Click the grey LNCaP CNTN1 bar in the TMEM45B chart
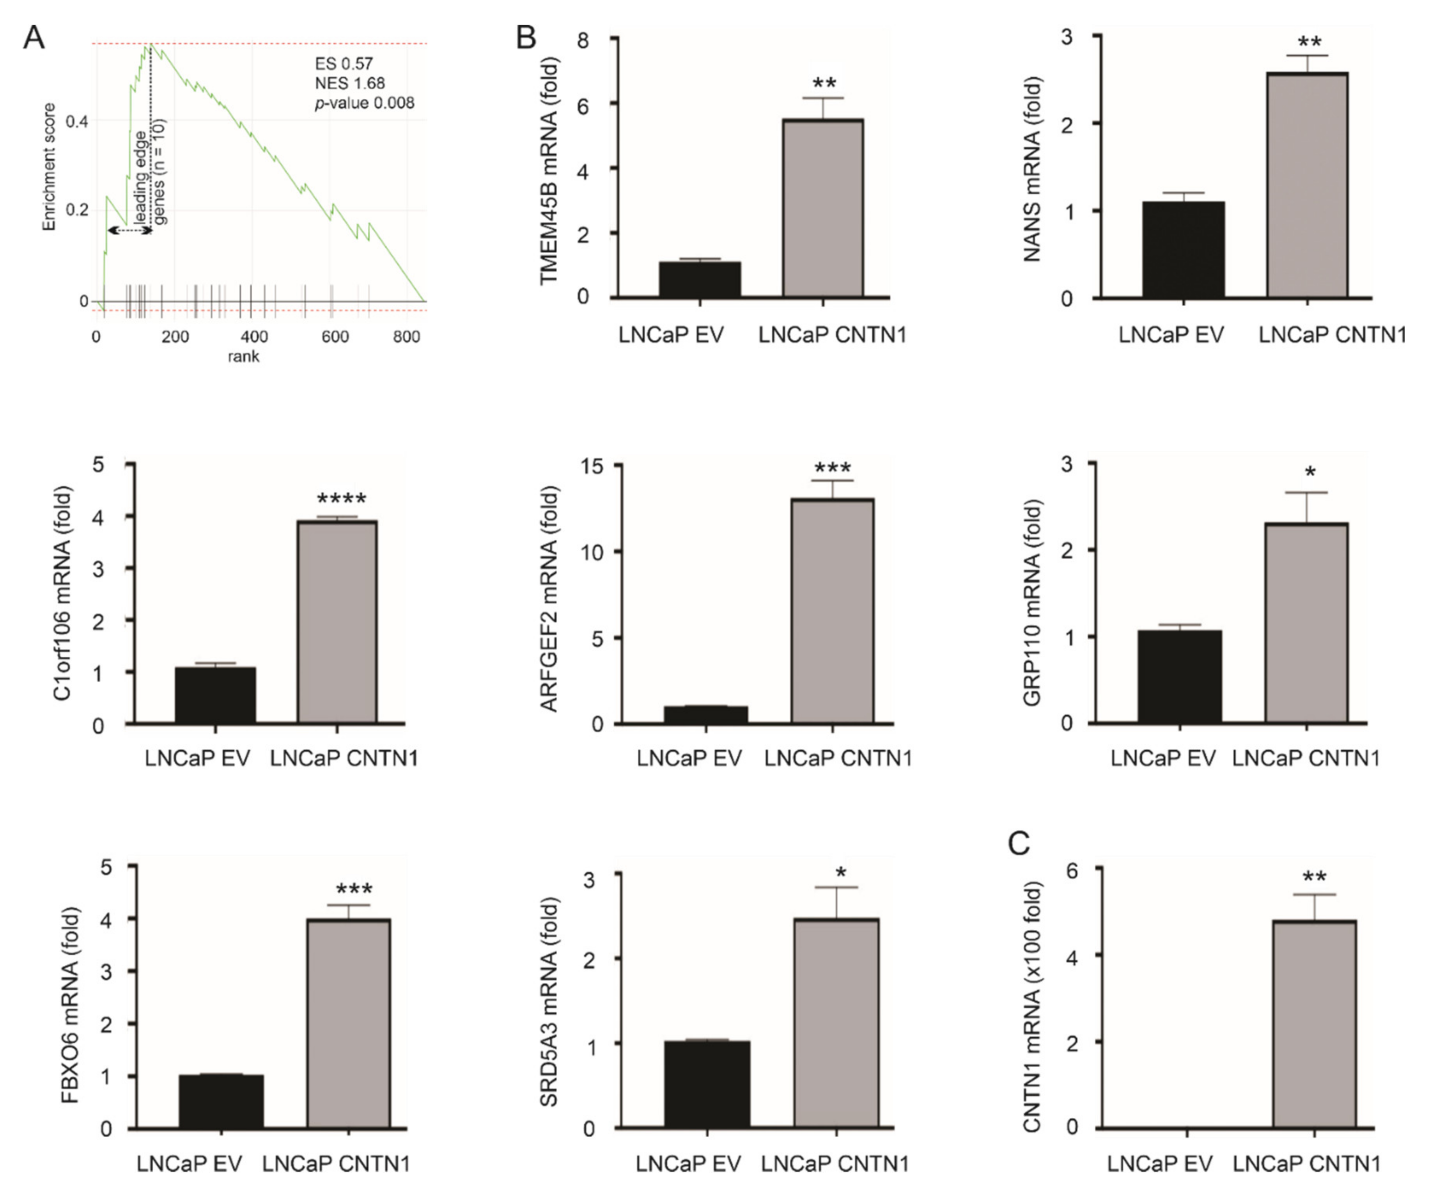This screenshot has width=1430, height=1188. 822,208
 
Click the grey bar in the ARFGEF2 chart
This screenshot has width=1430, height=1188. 832,611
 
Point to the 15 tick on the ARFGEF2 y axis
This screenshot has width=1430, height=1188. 591,465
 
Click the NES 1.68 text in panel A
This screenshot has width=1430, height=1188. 349,83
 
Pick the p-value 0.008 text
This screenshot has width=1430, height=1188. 364,103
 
